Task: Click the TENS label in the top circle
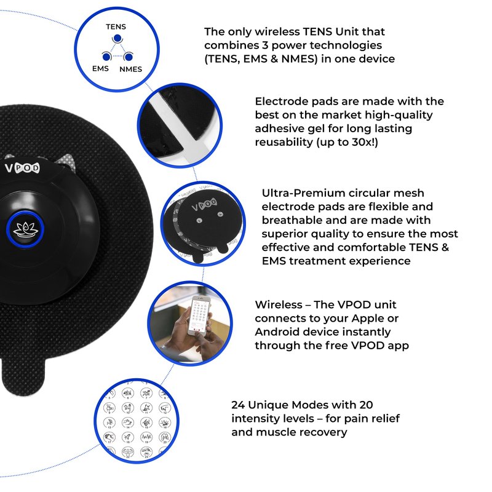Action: coord(116,26)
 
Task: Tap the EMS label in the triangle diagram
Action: coord(100,68)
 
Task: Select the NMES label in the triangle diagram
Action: coord(130,69)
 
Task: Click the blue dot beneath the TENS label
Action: coord(117,38)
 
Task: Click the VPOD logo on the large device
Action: coord(22,168)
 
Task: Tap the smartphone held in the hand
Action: coord(199,315)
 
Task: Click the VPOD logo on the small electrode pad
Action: coord(204,204)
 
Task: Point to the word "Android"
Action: coord(275,331)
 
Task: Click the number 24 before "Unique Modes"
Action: coord(238,405)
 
